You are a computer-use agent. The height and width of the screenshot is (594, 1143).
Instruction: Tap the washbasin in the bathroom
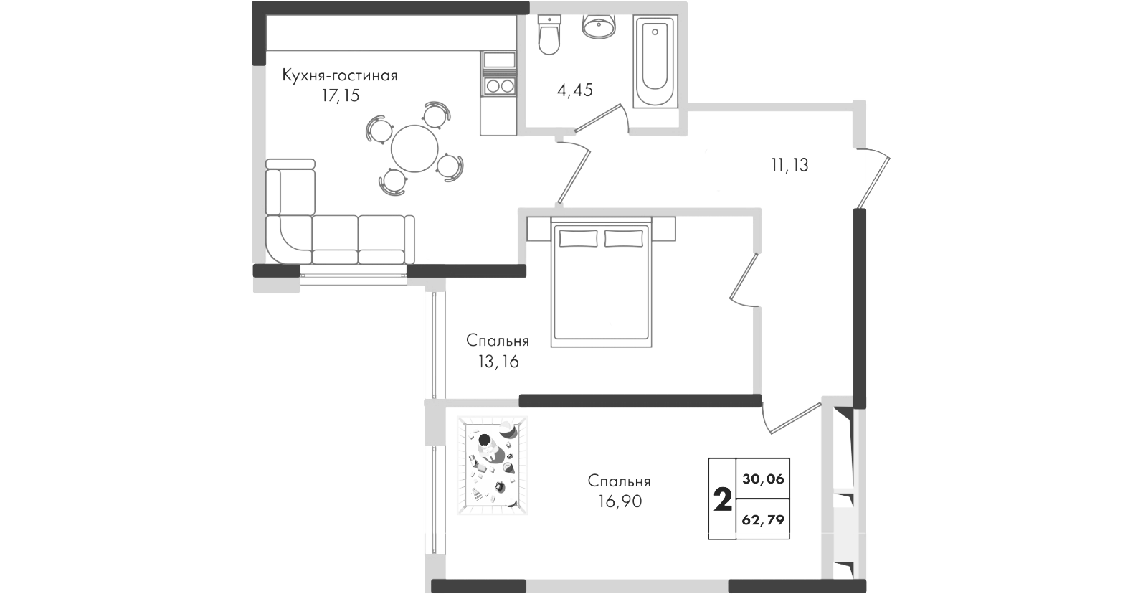pos(599,27)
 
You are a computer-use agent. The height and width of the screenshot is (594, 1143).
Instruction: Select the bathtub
pos(655,61)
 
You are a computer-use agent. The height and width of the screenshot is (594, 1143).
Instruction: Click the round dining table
pos(414,149)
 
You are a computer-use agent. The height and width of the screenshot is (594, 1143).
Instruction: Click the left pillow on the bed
pos(578,238)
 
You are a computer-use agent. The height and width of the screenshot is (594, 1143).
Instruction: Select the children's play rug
pos(492,465)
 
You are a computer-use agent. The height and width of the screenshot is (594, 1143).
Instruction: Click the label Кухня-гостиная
pos(340,75)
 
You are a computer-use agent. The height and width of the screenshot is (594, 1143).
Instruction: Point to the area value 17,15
pos(341,95)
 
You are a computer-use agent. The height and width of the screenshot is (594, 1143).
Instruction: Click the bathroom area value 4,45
pos(575,90)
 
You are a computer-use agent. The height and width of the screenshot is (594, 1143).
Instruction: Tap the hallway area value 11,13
pos(789,165)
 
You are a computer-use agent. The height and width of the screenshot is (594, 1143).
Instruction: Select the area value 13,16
pos(498,362)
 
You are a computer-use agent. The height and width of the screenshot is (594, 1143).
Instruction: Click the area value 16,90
pos(620,501)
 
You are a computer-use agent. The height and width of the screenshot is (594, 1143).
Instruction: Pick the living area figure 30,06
pos(764,478)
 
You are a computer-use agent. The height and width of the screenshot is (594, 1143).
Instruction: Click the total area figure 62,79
pos(764,520)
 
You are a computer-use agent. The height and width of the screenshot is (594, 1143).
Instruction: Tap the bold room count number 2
pos(723,500)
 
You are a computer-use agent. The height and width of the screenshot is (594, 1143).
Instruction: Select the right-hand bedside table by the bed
pos(663,229)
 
